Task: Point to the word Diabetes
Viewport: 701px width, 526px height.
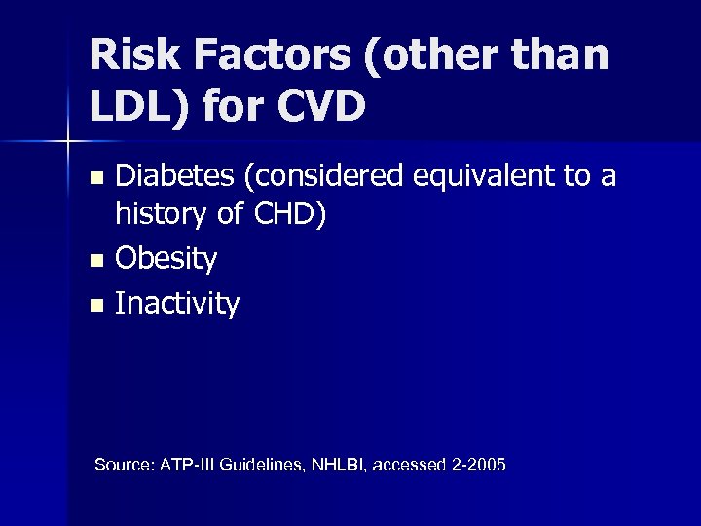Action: pos(171,176)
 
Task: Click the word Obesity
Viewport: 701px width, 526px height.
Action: pos(166,260)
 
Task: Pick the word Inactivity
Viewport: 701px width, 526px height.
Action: pos(177,304)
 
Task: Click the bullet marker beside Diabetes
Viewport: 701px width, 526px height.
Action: pos(94,178)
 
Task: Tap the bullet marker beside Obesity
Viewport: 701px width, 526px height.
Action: pos(94,261)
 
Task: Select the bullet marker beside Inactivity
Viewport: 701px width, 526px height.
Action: pos(94,305)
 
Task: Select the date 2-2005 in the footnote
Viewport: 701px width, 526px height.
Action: pos(480,465)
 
